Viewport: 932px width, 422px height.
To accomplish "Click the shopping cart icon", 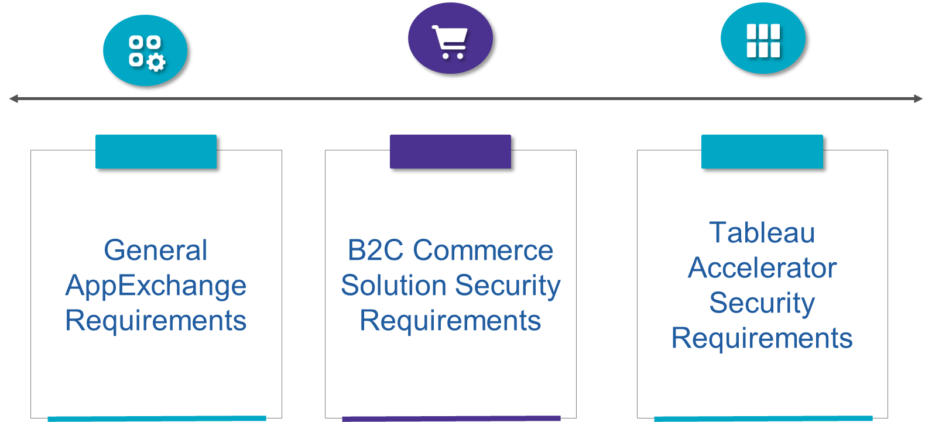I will [x=450, y=42].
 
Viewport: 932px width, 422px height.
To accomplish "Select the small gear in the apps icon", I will [x=156, y=62].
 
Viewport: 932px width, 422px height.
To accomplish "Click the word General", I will [x=156, y=251].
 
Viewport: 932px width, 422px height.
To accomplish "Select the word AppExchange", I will [x=156, y=286].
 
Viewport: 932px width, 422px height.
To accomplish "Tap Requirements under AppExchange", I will [x=156, y=321].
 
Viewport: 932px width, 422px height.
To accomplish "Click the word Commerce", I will [x=483, y=251].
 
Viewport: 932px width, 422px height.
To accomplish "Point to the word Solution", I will [x=393, y=286].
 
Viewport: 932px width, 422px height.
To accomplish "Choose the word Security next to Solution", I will [x=508, y=286].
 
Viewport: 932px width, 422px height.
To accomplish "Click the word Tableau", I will [x=762, y=233].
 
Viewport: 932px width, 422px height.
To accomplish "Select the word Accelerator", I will [x=762, y=268].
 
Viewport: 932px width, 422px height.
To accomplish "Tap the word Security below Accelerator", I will [x=762, y=303].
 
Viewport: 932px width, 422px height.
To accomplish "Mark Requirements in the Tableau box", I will [x=762, y=338].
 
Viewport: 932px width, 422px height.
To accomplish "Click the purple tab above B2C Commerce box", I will [x=450, y=152].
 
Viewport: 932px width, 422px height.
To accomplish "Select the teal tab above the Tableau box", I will [x=762, y=152].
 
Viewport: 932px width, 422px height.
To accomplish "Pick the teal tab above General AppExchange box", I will [x=156, y=152].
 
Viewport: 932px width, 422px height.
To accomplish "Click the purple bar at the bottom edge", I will [x=451, y=418].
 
